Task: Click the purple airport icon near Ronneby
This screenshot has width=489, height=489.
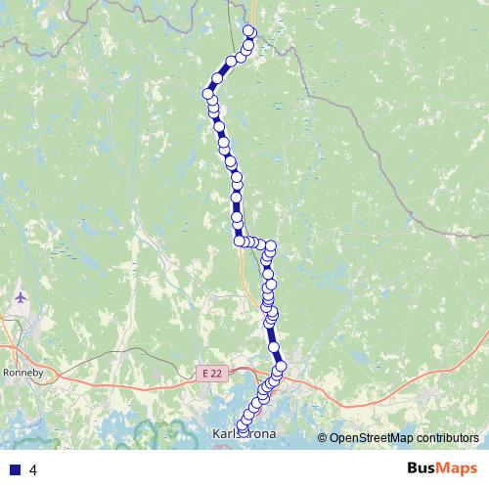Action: (x=21, y=295)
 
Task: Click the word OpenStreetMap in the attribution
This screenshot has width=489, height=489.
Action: (x=368, y=438)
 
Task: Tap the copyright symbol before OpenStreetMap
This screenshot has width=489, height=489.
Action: (x=323, y=438)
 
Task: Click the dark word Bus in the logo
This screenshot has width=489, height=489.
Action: (x=423, y=468)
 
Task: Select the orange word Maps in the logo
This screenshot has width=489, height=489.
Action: (x=459, y=468)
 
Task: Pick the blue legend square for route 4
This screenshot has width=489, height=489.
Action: (x=15, y=469)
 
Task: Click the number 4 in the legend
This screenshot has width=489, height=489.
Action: (x=34, y=469)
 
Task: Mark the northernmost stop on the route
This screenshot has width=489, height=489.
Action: (x=248, y=30)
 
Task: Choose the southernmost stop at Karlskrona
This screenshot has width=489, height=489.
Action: (x=242, y=428)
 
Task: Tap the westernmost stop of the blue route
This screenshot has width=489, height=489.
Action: (x=207, y=94)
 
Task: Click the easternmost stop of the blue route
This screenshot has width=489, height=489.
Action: (x=281, y=367)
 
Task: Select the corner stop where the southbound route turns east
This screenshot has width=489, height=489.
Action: (x=239, y=241)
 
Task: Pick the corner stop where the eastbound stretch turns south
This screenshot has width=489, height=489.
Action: (x=271, y=246)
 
